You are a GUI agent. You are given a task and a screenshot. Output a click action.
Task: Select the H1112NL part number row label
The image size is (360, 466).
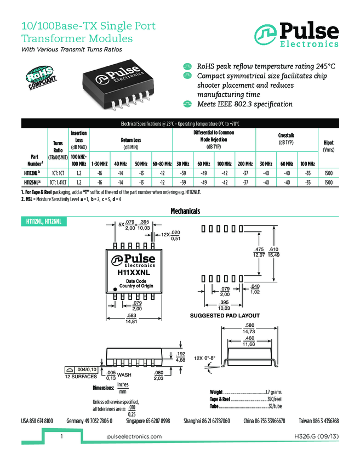[31, 173]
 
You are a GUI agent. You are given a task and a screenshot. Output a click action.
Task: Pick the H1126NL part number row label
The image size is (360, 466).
[31, 182]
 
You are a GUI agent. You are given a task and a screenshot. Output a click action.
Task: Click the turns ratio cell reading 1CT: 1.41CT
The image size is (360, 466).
[58, 182]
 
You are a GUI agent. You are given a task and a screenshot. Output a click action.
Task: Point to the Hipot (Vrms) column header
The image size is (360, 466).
[328, 146]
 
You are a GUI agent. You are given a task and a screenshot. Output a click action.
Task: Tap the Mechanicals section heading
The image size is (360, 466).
[185, 211]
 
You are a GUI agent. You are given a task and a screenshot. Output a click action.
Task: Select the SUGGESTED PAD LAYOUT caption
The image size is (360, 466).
[225, 316]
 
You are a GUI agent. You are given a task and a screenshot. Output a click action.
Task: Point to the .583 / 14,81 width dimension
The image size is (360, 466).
[132, 318]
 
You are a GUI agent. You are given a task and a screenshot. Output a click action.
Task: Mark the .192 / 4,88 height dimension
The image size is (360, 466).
[180, 357]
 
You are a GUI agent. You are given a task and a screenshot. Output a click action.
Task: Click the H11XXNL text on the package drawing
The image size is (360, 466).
[133, 272]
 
